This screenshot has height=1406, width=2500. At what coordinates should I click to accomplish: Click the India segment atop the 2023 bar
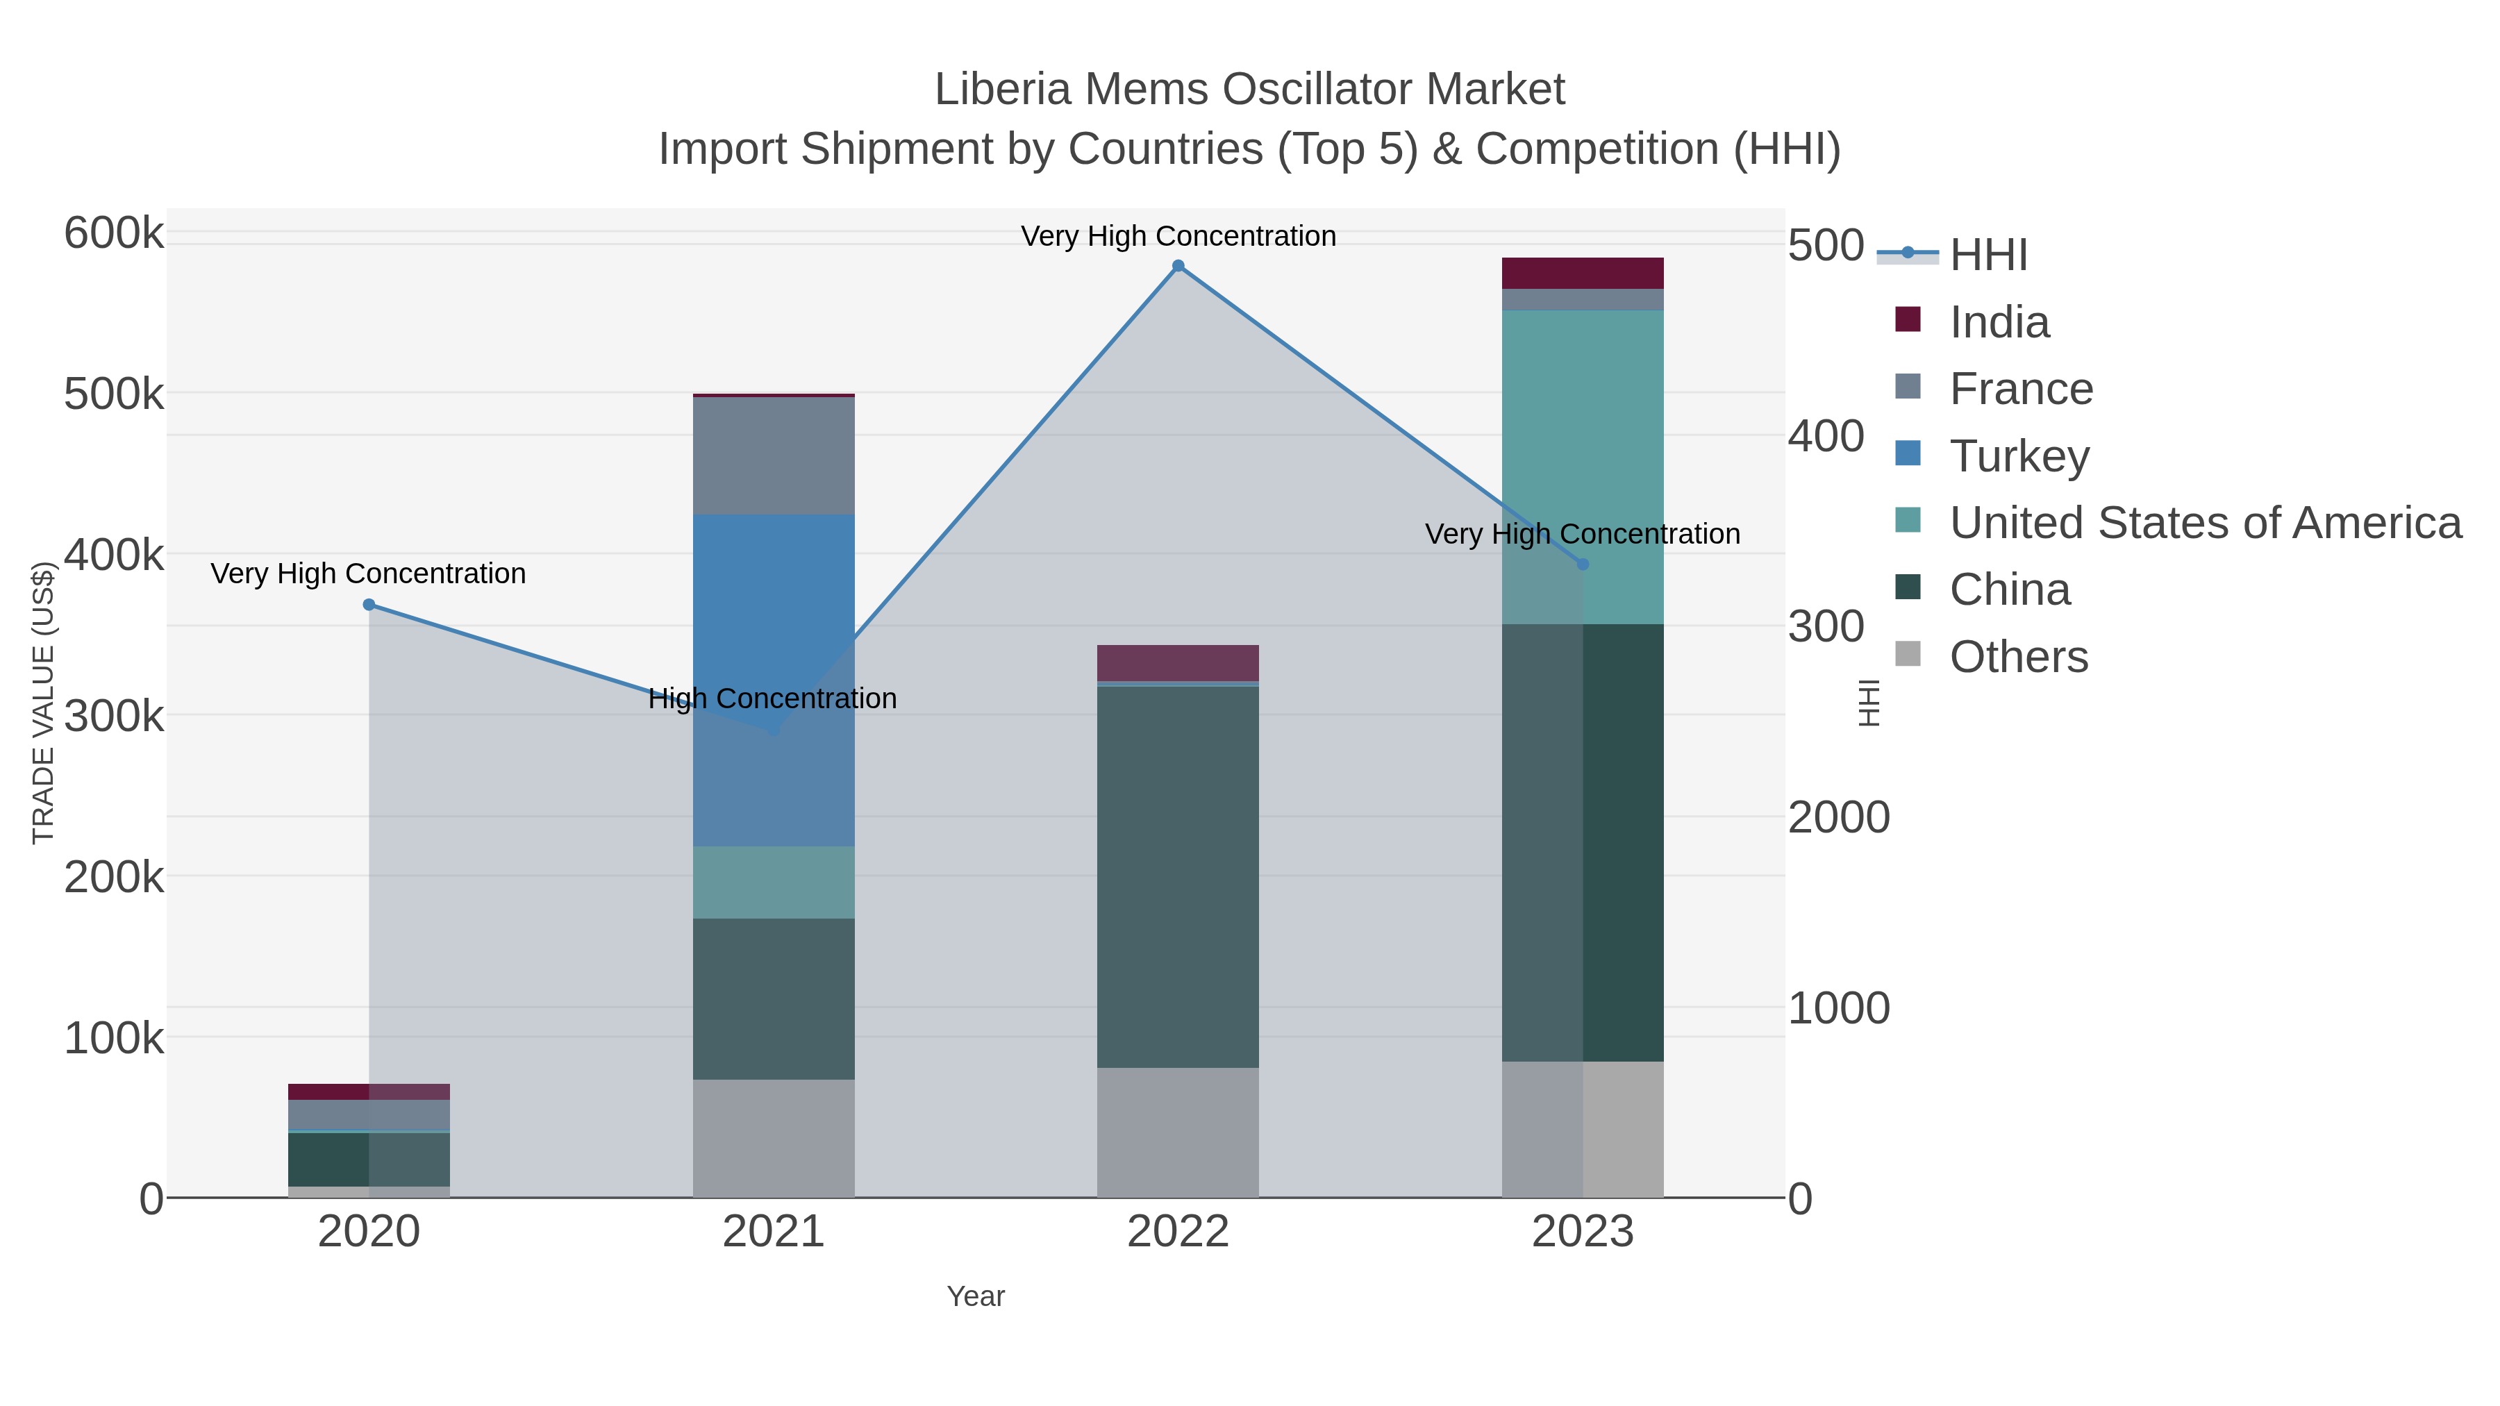point(1582,273)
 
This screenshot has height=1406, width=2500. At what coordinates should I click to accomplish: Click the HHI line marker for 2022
point(1177,266)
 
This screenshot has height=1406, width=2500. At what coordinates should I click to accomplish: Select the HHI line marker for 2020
point(369,605)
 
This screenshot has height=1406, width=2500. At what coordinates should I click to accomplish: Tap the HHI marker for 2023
point(1583,564)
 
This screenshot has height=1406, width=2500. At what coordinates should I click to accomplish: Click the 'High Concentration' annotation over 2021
point(772,698)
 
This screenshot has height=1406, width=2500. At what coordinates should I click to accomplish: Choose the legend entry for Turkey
point(2019,455)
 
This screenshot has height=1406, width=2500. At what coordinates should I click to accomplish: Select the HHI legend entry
point(1987,254)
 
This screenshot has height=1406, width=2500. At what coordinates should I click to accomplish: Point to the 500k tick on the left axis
point(114,395)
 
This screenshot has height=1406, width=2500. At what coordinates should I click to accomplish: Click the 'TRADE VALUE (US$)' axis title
point(44,703)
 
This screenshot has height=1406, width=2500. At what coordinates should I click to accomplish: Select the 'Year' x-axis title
point(976,1296)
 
